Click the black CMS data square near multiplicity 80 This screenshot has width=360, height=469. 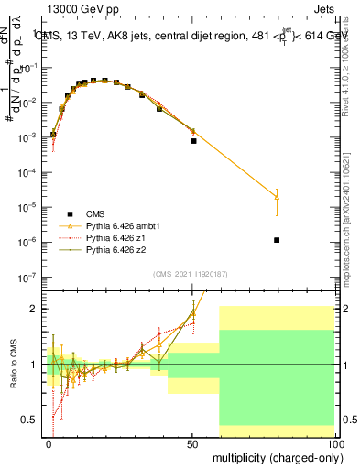[277, 240]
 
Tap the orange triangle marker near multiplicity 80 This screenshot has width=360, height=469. [277, 197]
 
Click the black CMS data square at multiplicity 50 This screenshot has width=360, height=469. [193, 141]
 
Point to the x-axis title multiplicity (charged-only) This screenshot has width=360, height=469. [275, 455]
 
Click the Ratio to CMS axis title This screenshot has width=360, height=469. [13, 362]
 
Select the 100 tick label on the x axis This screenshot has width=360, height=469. [335, 442]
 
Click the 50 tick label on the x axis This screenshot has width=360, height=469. [192, 442]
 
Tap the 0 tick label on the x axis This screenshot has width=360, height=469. [49, 442]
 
